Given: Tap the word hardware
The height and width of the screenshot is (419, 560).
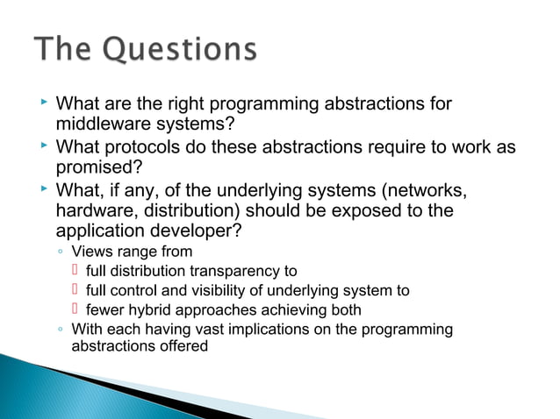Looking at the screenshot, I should [94, 210].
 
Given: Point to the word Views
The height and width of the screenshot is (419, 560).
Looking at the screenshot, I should [90, 252].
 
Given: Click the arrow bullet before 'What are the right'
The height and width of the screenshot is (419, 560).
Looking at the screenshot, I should [45, 104].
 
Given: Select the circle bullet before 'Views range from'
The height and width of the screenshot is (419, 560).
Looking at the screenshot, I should [59, 252].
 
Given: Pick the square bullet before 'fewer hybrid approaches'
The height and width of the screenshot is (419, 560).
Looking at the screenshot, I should [76, 309].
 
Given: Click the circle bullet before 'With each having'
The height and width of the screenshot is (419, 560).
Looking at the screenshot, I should [59, 330].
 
